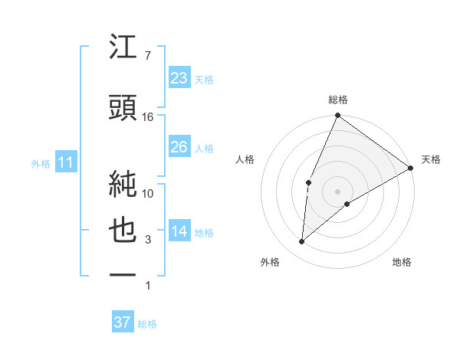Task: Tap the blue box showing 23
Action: [179, 78]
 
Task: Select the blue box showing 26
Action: [179, 147]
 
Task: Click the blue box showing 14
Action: [179, 232]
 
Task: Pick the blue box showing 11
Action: [66, 162]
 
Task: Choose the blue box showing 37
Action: [123, 322]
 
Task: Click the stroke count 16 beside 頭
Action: [148, 117]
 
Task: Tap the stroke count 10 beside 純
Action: [148, 193]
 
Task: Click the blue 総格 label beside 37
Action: [147, 324]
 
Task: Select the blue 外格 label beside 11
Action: [41, 163]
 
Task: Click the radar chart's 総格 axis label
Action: [337, 100]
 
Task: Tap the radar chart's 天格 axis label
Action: [431, 159]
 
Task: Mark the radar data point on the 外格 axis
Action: [301, 241]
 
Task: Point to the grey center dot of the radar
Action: [337, 190]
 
